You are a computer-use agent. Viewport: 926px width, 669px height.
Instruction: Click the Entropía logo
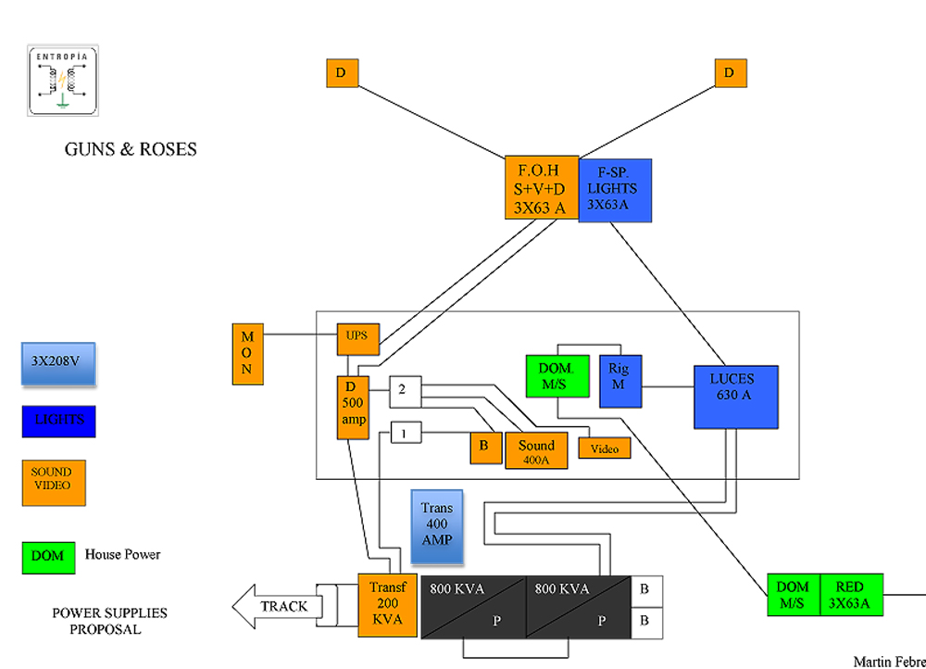click(63, 81)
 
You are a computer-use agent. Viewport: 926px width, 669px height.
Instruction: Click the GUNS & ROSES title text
click(131, 149)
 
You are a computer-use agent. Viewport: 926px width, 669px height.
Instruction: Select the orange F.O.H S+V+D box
click(542, 188)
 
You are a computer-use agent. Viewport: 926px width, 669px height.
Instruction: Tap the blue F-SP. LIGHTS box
click(615, 190)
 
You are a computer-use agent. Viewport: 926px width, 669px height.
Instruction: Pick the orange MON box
click(248, 353)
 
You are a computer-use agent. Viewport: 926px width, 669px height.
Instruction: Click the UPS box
click(357, 339)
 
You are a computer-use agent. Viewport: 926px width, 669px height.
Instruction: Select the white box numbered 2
click(403, 390)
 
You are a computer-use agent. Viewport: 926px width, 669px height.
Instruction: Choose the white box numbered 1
click(403, 432)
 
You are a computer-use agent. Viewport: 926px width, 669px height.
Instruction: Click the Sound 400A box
click(536, 450)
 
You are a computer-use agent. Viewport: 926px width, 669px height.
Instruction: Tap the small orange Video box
click(604, 448)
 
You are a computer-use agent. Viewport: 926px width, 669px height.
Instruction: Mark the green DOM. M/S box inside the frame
click(555, 376)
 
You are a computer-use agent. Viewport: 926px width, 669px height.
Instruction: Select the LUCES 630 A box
click(736, 397)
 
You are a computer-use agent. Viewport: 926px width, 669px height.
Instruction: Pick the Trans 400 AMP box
click(436, 526)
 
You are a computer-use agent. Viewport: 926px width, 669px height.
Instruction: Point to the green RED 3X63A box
click(849, 594)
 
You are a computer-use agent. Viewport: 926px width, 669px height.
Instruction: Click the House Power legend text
click(123, 555)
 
